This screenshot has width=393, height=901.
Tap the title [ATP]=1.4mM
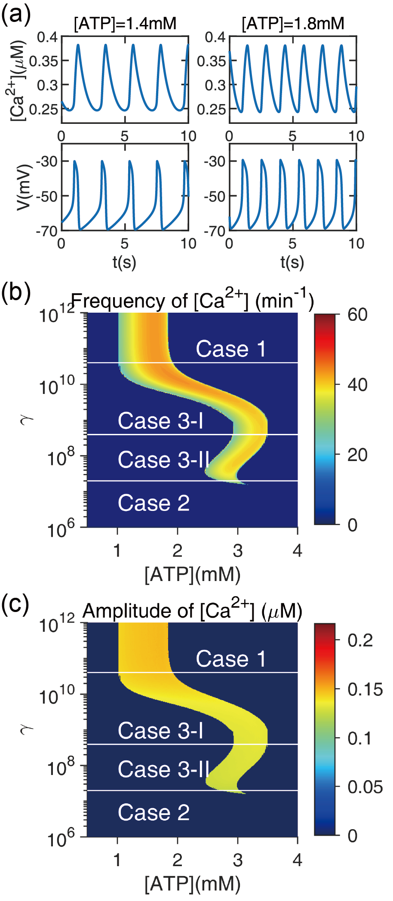point(125,24)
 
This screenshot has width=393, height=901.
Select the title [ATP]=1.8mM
point(293,24)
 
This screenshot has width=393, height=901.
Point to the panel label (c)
point(16,604)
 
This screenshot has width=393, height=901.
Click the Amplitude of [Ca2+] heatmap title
point(192,610)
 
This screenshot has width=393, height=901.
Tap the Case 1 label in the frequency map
point(231,349)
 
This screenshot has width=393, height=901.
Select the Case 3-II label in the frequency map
point(163,460)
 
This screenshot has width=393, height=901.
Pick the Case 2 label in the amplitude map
point(154,812)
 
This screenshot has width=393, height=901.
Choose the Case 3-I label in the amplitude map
point(160,731)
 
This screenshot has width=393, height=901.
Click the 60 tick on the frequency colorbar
point(357,315)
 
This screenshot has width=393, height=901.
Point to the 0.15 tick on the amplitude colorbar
point(365,689)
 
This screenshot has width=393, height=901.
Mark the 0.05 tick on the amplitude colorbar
point(365,787)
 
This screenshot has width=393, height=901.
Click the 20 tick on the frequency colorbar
point(357,455)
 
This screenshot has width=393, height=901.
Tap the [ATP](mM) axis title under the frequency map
point(192,575)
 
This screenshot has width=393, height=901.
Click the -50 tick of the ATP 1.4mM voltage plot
point(48,197)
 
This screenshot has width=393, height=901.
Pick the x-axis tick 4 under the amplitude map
point(297,860)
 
